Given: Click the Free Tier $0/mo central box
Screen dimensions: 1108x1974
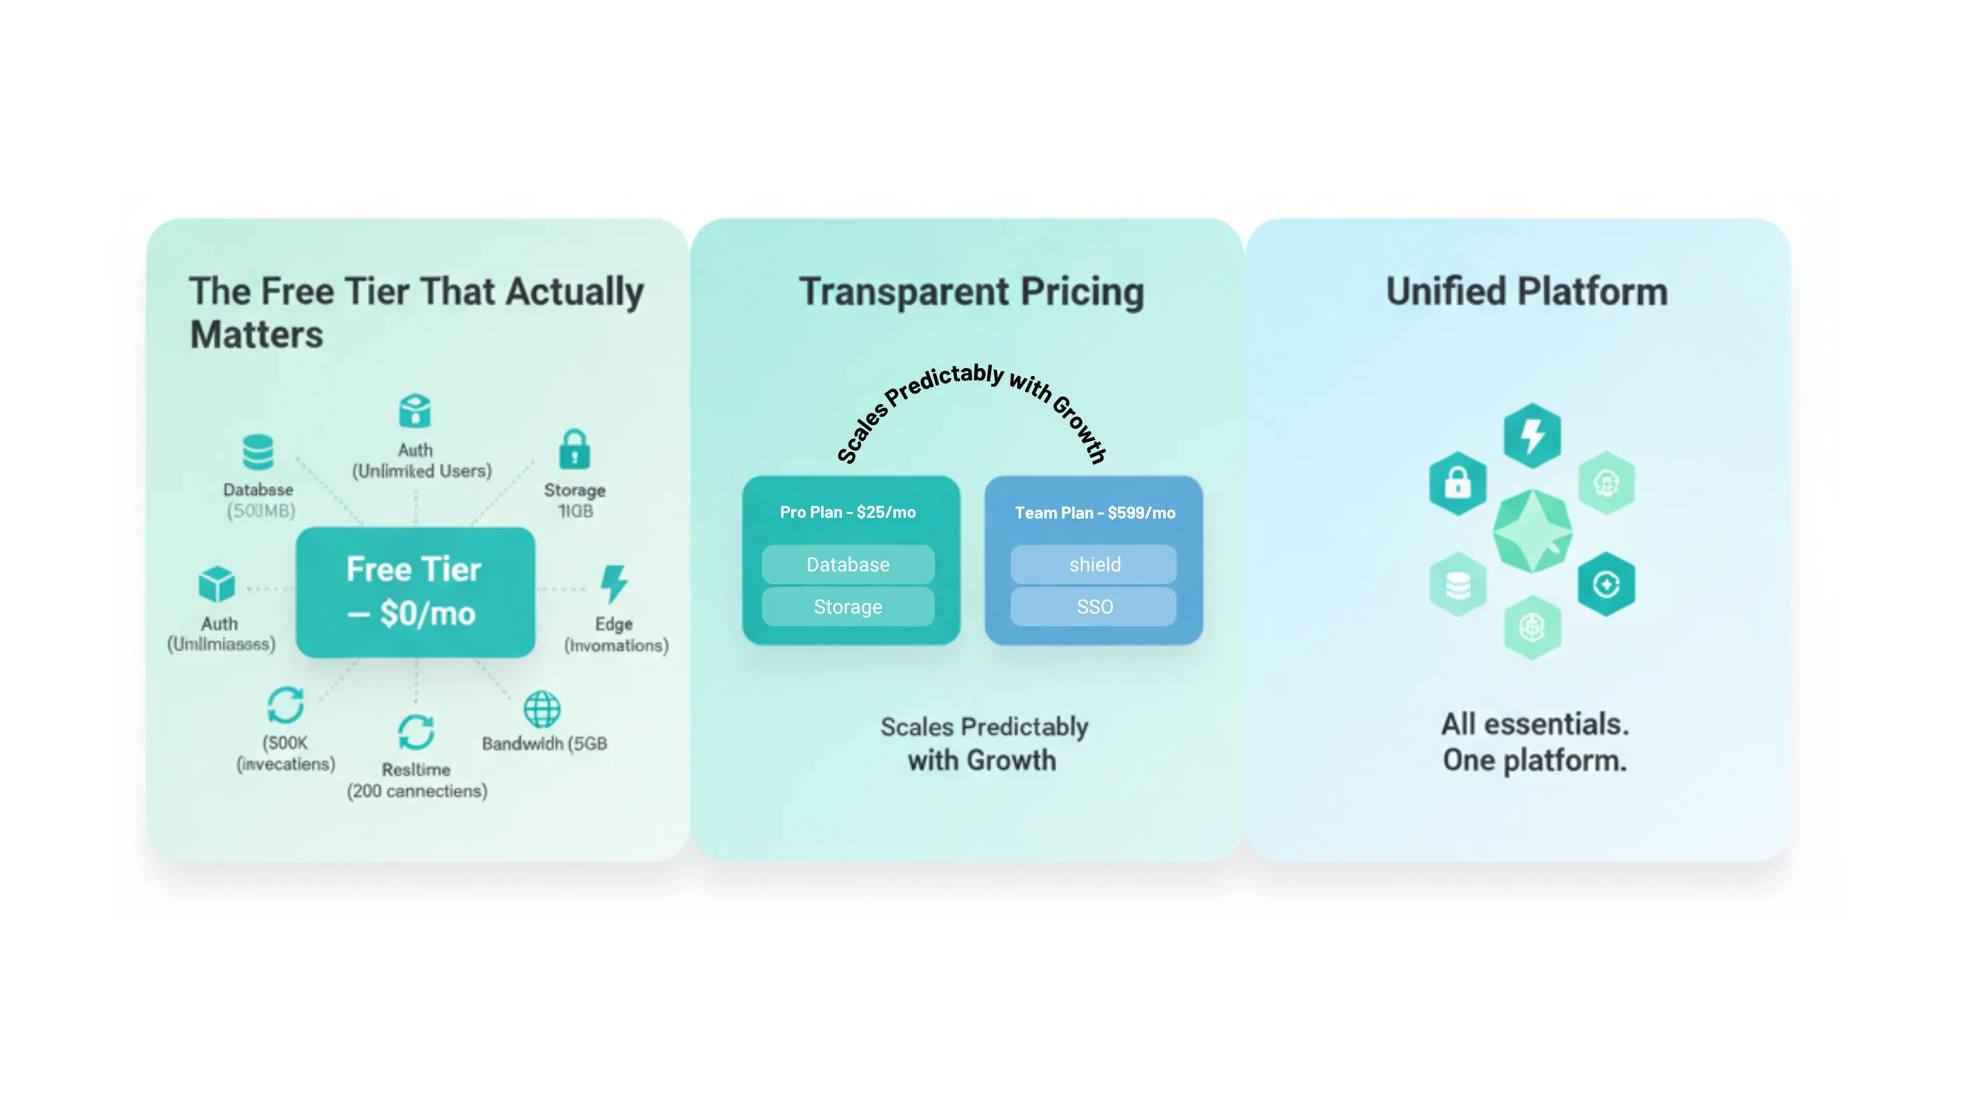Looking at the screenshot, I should tap(415, 591).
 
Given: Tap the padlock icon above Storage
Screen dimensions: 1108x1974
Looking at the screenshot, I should tap(574, 449).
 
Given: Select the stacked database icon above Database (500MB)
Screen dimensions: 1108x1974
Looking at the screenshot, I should tap(258, 452).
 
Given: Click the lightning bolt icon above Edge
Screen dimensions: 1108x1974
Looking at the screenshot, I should tap(614, 584).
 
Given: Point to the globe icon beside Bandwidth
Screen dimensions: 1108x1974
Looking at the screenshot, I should tap(542, 709).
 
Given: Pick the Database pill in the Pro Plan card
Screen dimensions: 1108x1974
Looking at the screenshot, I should tap(848, 565).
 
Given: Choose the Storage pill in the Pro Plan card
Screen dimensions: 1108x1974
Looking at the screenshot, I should tap(848, 607).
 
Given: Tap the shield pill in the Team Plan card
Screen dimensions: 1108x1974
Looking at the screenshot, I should tap(1094, 565).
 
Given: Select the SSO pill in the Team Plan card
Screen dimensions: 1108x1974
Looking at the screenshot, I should tap(1094, 607).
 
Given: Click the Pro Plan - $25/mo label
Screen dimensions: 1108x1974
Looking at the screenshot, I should tap(848, 512).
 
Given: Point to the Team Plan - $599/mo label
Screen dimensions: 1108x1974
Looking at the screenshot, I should tap(1094, 513).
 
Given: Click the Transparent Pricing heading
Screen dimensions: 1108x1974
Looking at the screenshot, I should tap(971, 292).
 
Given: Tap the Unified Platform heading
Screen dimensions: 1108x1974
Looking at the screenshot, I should tap(1526, 292).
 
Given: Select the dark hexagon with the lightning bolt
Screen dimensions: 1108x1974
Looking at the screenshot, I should tap(1532, 435).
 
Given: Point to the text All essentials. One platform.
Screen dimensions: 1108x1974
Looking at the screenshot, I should tap(1535, 742).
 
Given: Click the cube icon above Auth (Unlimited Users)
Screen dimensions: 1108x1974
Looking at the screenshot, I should tap(415, 411).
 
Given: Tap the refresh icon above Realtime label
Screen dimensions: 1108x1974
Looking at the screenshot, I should tap(416, 732).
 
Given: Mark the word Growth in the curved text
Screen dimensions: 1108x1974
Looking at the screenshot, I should tap(1081, 429).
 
